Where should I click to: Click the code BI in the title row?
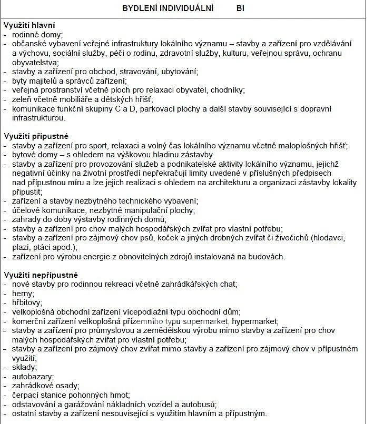241,8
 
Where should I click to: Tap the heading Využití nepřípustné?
41,275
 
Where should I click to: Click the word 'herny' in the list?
23,293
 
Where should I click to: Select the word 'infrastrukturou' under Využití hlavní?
40,118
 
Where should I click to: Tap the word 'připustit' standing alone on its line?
27,192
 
